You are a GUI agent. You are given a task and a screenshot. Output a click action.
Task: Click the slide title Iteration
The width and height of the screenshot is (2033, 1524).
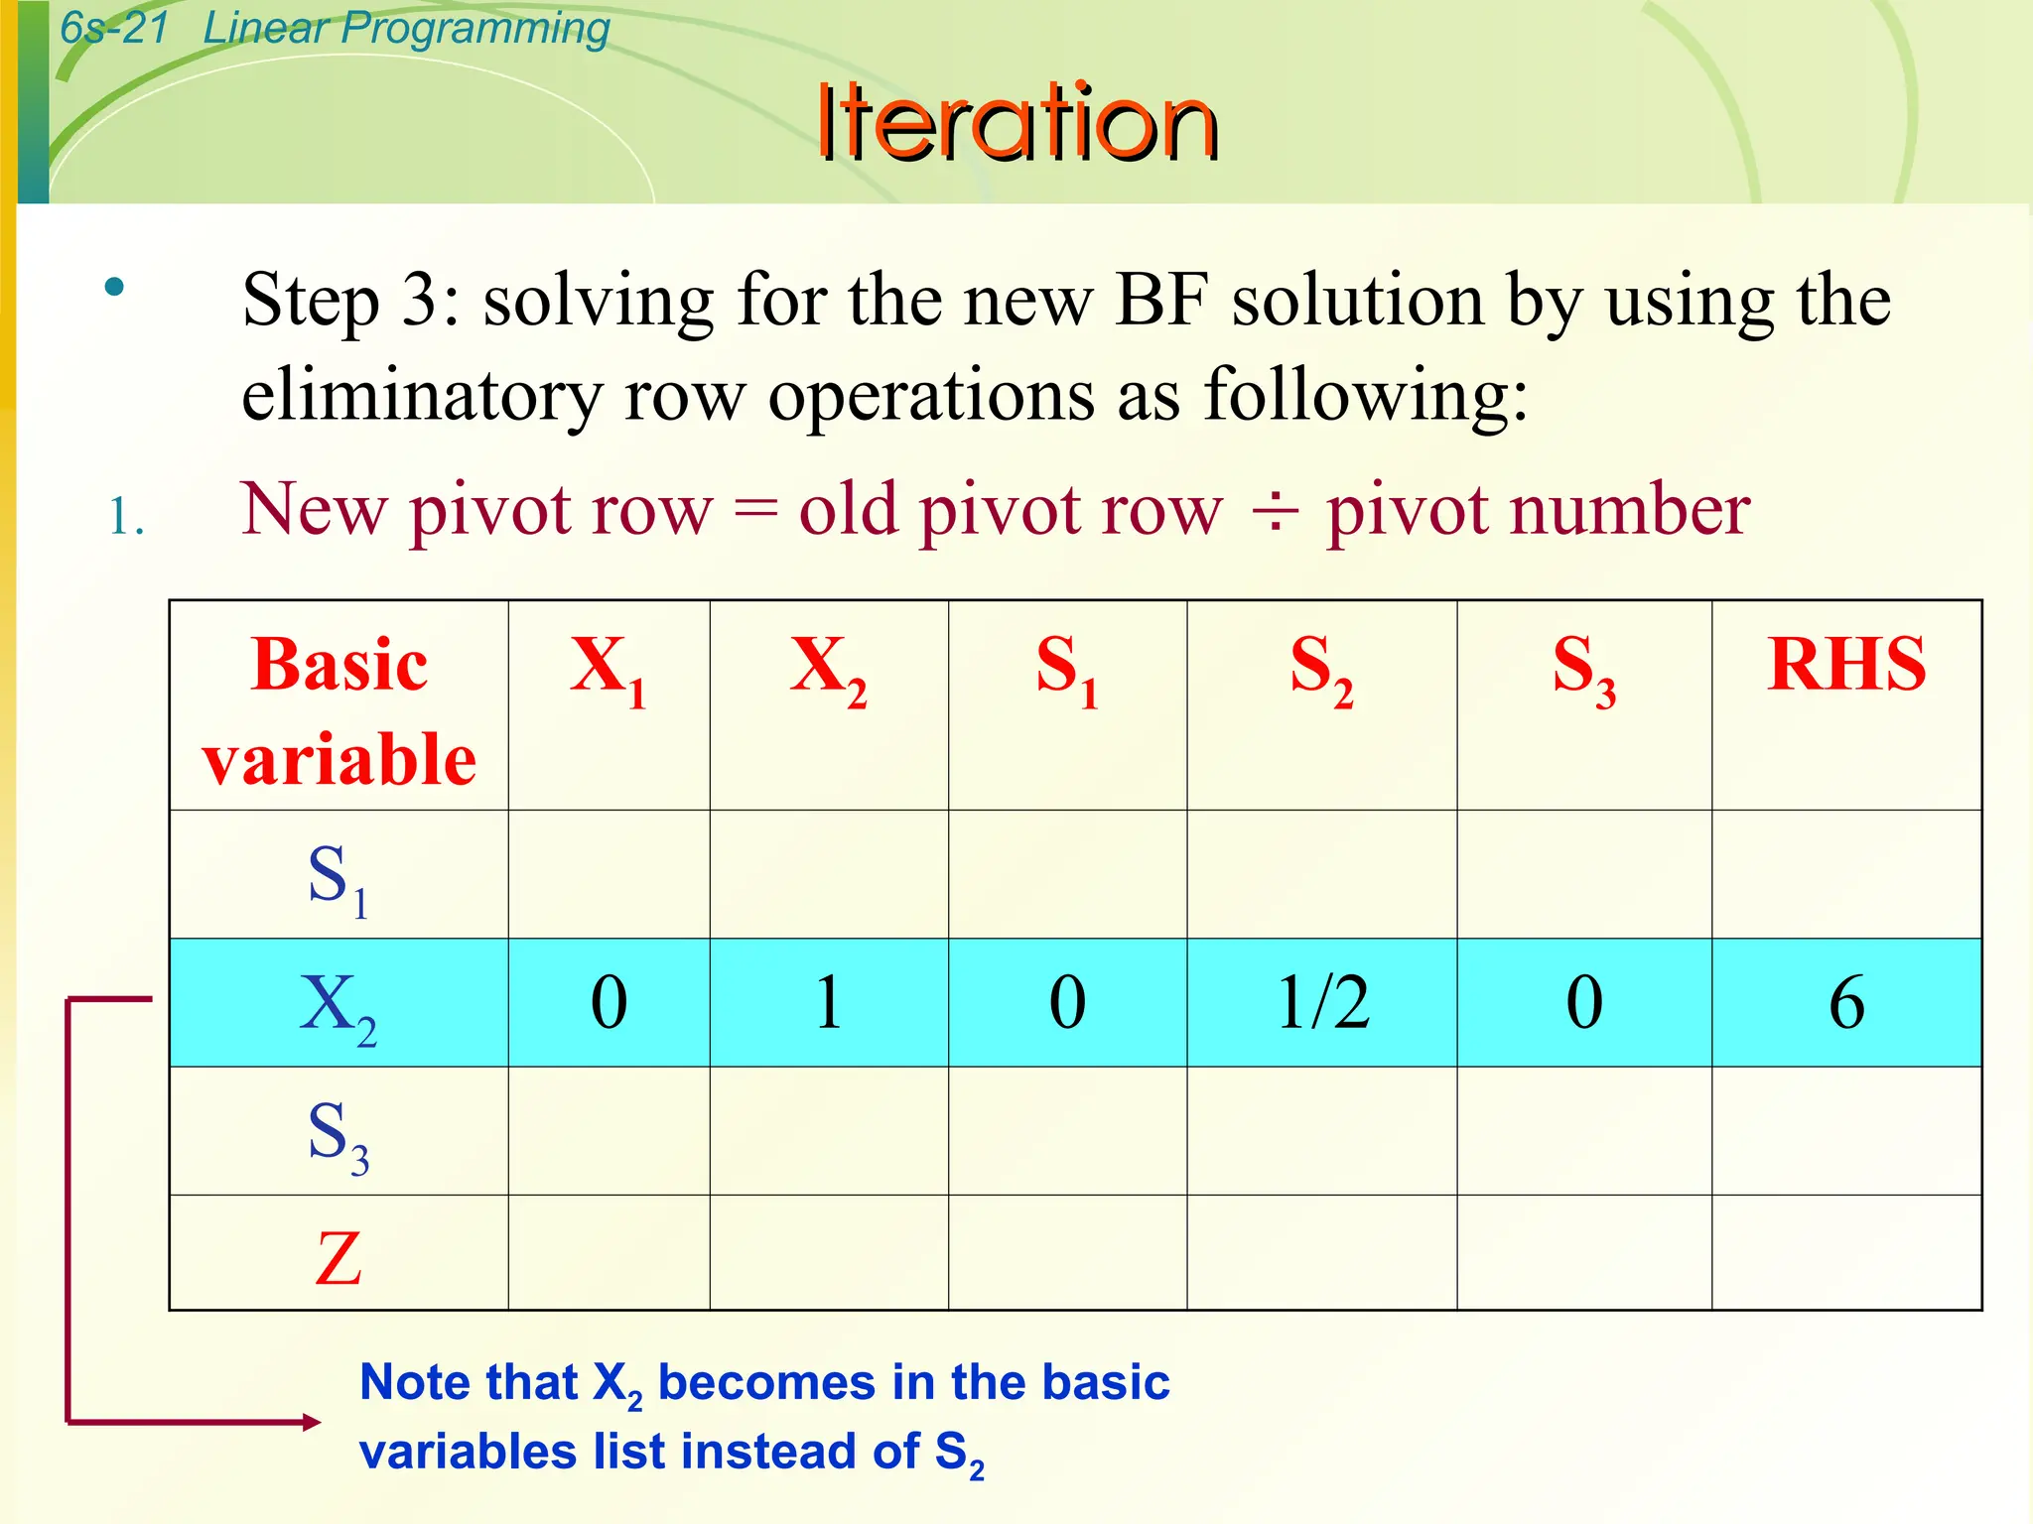tap(1016, 123)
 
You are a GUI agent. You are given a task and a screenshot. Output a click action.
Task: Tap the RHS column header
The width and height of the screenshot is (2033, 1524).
tap(1845, 665)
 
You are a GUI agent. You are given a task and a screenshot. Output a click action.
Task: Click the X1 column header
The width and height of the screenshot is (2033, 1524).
tap(608, 668)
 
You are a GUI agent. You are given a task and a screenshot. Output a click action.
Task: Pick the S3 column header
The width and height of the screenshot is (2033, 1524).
tap(1583, 668)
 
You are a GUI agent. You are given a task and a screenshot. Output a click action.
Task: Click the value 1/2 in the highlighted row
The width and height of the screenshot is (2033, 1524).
tap(1322, 1002)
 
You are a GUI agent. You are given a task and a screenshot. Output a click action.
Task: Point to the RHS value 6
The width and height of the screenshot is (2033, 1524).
tap(1846, 1002)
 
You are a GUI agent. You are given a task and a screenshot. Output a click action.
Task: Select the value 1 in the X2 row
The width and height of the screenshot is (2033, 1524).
tap(829, 1002)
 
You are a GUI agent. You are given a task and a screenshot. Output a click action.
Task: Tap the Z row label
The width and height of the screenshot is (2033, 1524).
tap(339, 1258)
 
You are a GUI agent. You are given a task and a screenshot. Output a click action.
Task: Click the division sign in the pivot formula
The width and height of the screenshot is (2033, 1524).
tap(1275, 512)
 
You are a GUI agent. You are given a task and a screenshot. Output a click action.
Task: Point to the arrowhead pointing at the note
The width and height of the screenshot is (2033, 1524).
tap(311, 1422)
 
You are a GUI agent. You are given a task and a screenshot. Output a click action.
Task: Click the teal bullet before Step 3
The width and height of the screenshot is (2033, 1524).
tap(115, 288)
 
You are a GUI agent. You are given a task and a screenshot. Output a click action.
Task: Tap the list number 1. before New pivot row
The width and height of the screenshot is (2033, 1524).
tap(126, 518)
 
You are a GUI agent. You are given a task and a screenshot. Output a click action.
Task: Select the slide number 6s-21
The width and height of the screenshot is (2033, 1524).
tap(114, 28)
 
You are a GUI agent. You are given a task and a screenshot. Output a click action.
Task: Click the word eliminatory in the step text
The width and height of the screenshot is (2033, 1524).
tap(421, 395)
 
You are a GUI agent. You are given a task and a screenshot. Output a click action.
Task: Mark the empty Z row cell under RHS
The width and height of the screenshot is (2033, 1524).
tap(1846, 1252)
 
